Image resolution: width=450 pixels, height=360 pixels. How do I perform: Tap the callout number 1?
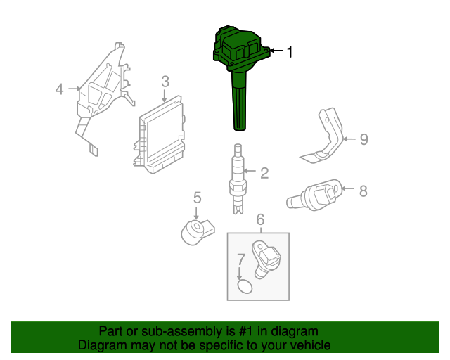[x=288, y=51]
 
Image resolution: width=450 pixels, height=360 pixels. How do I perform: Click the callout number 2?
[x=264, y=173]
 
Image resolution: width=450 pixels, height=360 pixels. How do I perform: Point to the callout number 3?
[x=165, y=82]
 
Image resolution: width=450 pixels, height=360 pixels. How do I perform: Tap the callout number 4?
[x=60, y=89]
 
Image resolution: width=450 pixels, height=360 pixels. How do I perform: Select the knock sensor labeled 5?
[x=195, y=229]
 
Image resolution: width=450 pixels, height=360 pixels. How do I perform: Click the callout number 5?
[x=198, y=198]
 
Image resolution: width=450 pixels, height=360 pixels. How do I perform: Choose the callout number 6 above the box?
[x=260, y=220]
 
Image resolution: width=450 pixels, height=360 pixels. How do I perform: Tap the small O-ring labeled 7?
[x=244, y=286]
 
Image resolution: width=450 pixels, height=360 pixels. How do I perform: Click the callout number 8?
[x=363, y=190]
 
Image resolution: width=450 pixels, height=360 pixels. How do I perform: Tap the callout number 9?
[x=364, y=139]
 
